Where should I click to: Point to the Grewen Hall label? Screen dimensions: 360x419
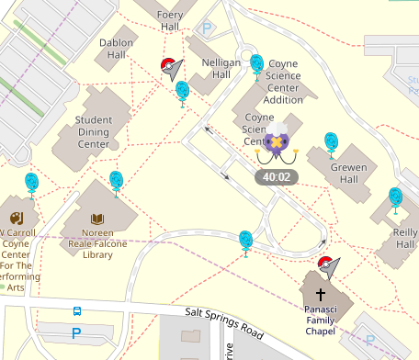point(348,174)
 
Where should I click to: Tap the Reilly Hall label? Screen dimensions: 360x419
point(405,239)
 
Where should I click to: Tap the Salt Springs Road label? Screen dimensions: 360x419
point(224,321)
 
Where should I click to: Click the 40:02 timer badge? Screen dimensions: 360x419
point(276,176)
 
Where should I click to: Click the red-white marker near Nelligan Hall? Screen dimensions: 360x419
point(169,66)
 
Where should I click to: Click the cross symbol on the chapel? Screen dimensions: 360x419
point(321,295)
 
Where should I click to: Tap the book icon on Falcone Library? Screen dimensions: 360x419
point(97,219)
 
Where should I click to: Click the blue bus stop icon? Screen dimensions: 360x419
point(77,311)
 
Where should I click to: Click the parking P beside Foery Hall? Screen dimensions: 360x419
point(208,29)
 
